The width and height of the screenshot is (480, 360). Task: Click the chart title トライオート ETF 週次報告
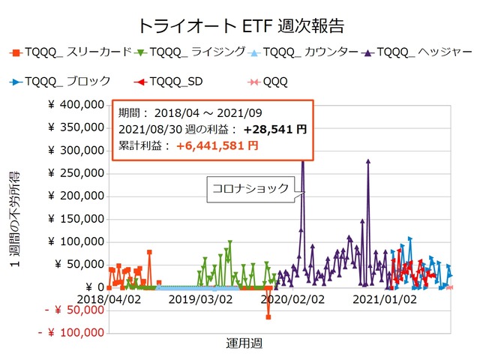tap(240, 25)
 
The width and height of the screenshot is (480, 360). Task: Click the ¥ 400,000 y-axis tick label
tap(73, 105)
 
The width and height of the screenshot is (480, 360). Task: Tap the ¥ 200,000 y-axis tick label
tap(73, 196)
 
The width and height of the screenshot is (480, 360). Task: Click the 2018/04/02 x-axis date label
tap(108, 299)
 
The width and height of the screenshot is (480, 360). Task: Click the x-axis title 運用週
tap(244, 343)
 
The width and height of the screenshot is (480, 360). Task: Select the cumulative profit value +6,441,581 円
tap(217, 145)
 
